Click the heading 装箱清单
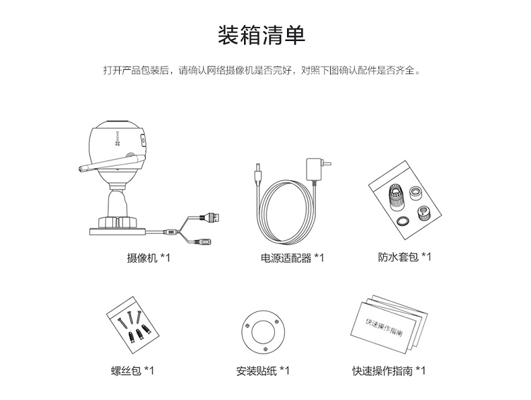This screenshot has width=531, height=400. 261,35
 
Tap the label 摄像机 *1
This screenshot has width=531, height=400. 149,258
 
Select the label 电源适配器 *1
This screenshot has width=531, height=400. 292,258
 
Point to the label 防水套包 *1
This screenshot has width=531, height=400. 405,257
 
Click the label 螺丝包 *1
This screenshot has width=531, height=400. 132,370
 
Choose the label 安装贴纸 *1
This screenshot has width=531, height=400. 263,370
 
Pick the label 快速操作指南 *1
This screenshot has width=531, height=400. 389,370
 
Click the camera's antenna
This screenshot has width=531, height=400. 112,163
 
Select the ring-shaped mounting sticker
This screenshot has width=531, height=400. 263,332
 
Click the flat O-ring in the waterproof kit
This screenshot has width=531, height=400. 403,221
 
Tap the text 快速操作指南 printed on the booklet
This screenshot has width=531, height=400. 384,327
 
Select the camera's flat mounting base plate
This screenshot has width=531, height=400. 118,232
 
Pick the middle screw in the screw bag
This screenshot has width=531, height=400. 130,319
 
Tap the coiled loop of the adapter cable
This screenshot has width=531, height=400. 288,212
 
